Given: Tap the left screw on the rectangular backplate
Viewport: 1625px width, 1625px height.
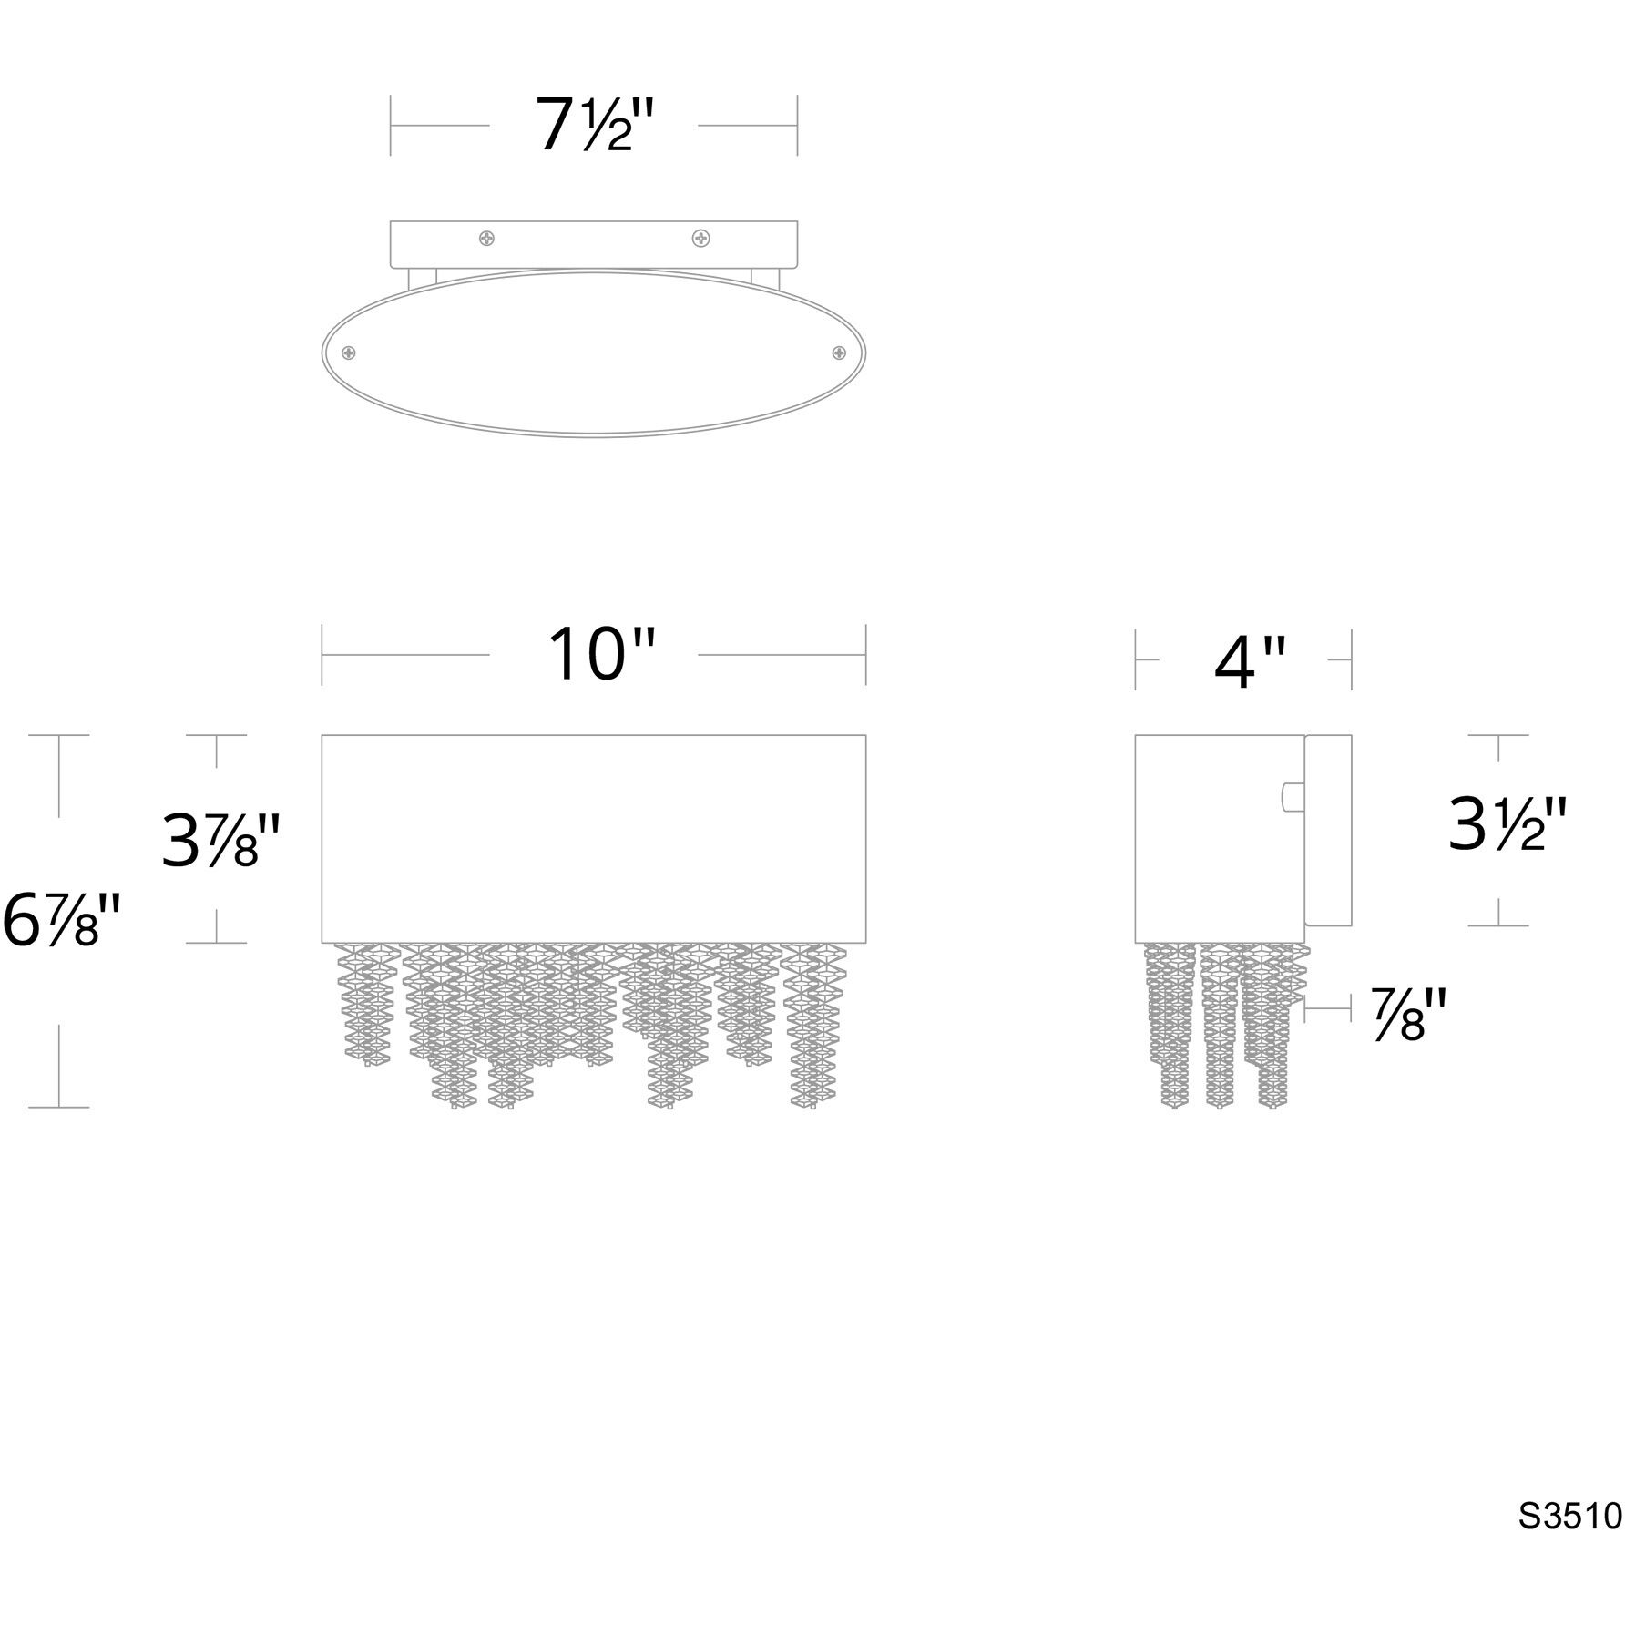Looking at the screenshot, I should pyautogui.click(x=487, y=239).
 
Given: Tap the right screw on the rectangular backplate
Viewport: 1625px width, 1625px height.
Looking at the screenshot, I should pyautogui.click(x=700, y=239).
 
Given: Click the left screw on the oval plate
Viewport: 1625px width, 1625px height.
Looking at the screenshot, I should pyautogui.click(x=349, y=353).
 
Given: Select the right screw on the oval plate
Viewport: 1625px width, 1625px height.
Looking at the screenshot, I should pyautogui.click(x=839, y=353).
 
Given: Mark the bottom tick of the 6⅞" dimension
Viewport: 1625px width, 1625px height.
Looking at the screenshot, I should pyautogui.click(x=60, y=1107).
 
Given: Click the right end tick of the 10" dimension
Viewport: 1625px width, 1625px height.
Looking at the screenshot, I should pyautogui.click(x=865, y=655).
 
